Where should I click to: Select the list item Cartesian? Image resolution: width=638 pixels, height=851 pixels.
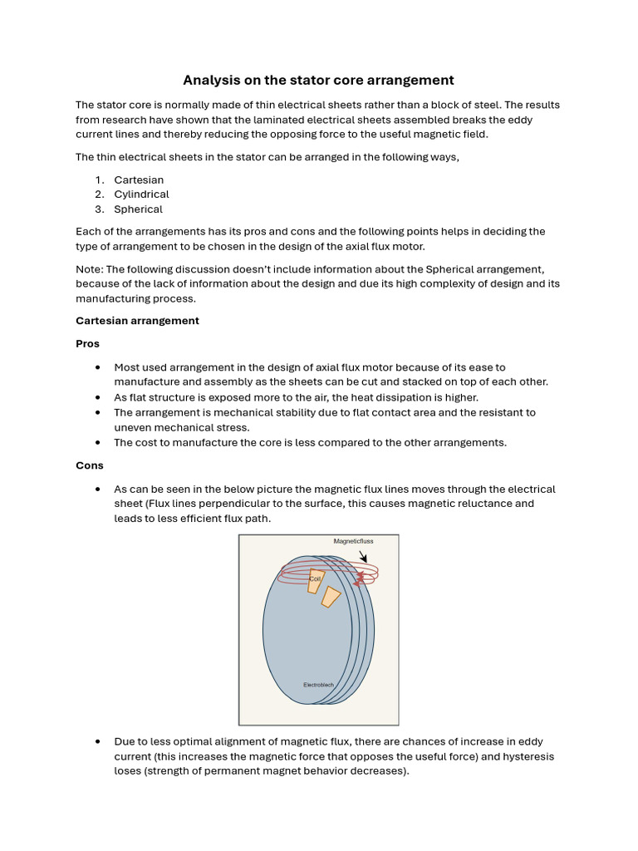[x=139, y=180]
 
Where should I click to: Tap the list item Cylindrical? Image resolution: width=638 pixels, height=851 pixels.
[x=141, y=194]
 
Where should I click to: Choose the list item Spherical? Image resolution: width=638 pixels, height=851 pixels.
[x=138, y=209]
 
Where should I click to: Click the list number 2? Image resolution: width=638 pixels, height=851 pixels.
[x=98, y=194]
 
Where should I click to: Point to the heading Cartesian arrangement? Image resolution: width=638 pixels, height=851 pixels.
[x=137, y=321]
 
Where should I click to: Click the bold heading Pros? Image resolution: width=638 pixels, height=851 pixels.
[x=87, y=343]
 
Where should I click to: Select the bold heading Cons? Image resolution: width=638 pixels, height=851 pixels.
[x=89, y=465]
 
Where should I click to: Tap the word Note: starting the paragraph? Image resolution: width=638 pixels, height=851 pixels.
[x=89, y=269]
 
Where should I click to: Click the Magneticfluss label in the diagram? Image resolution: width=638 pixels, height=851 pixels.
[x=353, y=541]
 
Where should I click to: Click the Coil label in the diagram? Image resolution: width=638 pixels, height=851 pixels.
[x=315, y=578]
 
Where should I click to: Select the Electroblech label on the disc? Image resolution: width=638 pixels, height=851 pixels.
[x=319, y=685]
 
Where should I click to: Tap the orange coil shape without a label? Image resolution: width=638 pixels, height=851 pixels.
[x=331, y=597]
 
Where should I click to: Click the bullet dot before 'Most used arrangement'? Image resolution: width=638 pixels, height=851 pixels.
[x=98, y=367]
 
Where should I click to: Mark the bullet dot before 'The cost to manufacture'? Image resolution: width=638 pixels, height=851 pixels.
[x=98, y=443]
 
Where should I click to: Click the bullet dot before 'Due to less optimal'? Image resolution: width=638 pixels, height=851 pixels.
[x=98, y=741]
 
